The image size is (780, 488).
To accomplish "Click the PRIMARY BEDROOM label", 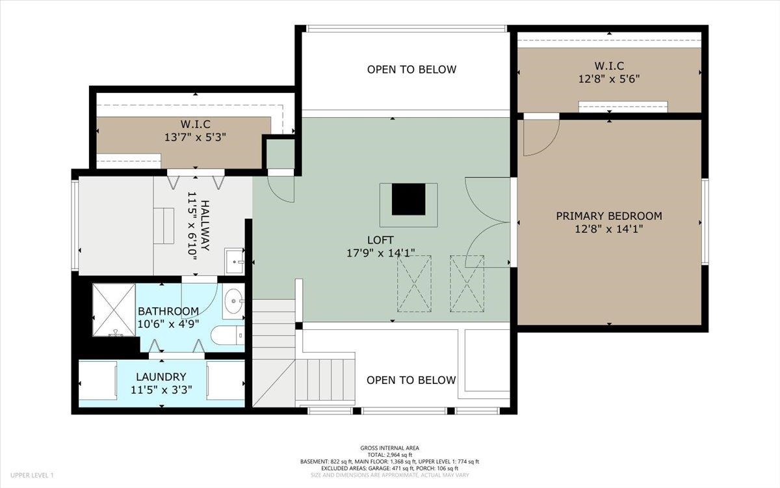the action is (x=609, y=216).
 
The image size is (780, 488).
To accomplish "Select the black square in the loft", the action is (x=408, y=199).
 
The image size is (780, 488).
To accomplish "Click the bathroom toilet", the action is (x=227, y=335).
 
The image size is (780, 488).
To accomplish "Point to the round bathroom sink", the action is (x=233, y=301).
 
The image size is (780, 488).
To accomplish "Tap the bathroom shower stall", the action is (x=114, y=310).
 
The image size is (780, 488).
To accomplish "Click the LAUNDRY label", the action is (x=161, y=377).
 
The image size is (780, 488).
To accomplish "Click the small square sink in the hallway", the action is (x=235, y=261).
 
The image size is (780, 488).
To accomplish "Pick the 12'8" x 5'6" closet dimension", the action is (x=609, y=79).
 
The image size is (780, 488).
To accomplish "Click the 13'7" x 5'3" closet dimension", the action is (x=196, y=137).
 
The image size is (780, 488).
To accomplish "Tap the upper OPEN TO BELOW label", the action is (x=411, y=70).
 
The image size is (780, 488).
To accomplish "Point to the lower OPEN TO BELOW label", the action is (x=411, y=380).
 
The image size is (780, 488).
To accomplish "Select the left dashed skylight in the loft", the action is (x=415, y=284).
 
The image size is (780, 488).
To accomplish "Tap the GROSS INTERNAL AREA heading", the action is (x=389, y=448).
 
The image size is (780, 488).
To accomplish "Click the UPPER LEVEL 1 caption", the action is (x=32, y=475).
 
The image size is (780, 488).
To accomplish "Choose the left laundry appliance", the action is (x=98, y=380).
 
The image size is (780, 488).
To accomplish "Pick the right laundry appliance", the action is (x=226, y=380).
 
